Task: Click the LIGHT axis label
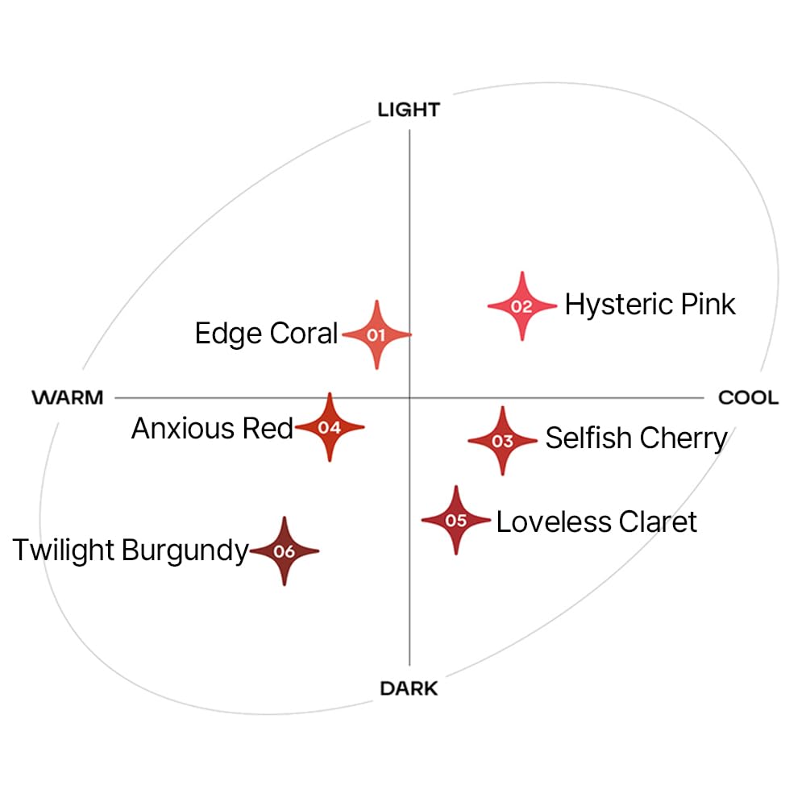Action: [x=409, y=110]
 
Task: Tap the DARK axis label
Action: [x=409, y=688]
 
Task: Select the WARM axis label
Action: [x=68, y=397]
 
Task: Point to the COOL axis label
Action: [x=749, y=397]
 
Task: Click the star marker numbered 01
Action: [x=376, y=334]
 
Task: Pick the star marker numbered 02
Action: [x=522, y=306]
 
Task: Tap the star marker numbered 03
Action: [x=503, y=441]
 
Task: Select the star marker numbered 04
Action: [x=330, y=427]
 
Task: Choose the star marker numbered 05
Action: [x=456, y=520]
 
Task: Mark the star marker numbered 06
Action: [x=285, y=551]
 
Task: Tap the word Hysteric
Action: [x=619, y=305]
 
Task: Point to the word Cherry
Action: [x=683, y=440]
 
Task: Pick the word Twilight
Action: [x=63, y=551]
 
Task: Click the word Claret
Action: [x=658, y=521]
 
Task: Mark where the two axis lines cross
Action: [x=409, y=397]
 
